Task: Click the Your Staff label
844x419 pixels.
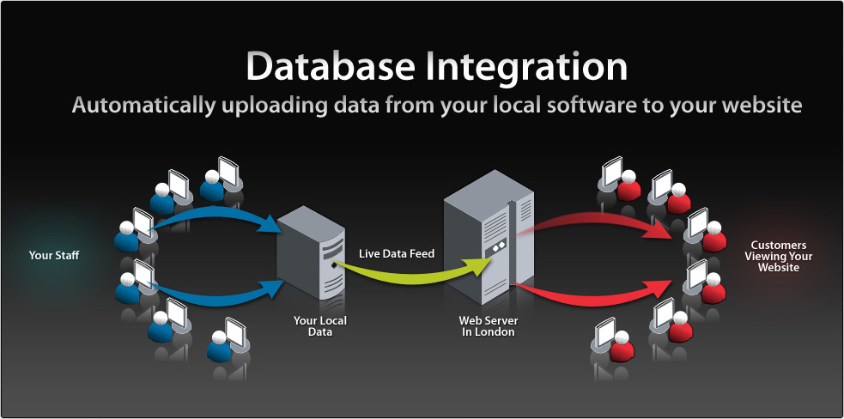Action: tap(54, 255)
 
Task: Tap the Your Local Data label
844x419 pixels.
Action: tap(319, 326)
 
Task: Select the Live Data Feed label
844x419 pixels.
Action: tap(397, 253)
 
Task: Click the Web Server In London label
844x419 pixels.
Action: tap(488, 326)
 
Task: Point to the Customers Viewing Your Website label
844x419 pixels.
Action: tap(778, 256)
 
